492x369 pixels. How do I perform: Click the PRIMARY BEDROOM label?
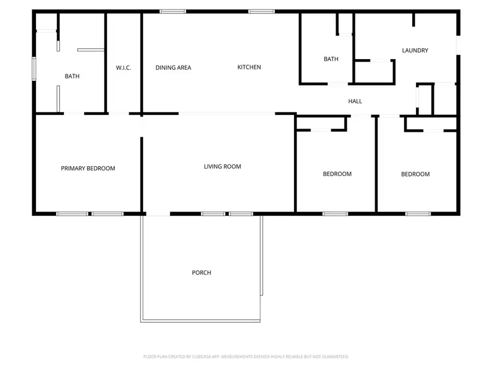pyautogui.click(x=88, y=168)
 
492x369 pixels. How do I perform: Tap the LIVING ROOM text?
pyautogui.click(x=222, y=167)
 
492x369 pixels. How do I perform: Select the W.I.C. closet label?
pyautogui.click(x=123, y=68)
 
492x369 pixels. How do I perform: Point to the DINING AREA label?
pyautogui.click(x=173, y=68)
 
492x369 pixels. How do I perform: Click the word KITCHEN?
pyautogui.click(x=249, y=67)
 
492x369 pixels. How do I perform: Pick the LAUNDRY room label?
pyautogui.click(x=415, y=50)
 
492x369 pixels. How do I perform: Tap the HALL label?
pyautogui.click(x=355, y=101)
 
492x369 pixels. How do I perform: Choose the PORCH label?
pyautogui.click(x=201, y=273)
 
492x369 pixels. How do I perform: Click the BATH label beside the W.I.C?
pyautogui.click(x=72, y=77)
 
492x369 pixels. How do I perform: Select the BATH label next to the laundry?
pyautogui.click(x=331, y=59)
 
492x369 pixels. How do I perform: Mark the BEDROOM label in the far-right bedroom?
pyautogui.click(x=415, y=174)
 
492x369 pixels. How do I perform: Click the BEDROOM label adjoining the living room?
pyautogui.click(x=337, y=174)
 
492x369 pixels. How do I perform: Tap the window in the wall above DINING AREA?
pyautogui.click(x=173, y=11)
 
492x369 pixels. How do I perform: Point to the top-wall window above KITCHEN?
pyautogui.click(x=261, y=11)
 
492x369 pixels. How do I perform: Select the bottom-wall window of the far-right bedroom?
pyautogui.click(x=414, y=214)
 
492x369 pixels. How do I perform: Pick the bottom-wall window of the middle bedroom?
pyautogui.click(x=335, y=214)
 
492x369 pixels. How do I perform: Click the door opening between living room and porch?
pyautogui.click(x=156, y=214)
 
